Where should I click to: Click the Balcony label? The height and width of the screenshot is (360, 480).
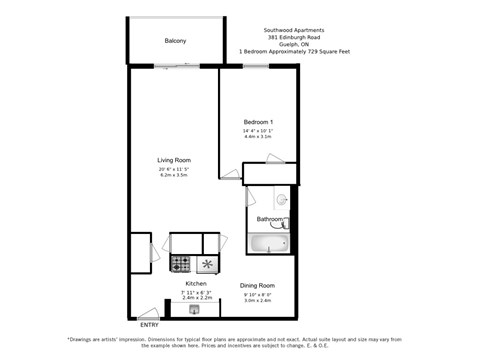coord(175,41)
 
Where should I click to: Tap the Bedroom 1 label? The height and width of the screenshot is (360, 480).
coord(258,122)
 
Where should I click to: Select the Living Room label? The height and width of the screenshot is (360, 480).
coord(173,160)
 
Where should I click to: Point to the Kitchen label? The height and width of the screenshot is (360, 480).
coord(195,283)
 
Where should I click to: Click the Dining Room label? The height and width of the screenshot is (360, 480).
coord(259,285)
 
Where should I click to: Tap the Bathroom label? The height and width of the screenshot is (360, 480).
coord(269,219)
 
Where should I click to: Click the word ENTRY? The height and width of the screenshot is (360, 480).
coord(149,325)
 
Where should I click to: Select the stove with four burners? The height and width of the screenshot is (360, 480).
coord(181,264)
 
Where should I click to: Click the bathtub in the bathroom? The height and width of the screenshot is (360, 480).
coord(269,242)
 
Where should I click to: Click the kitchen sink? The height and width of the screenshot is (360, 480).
coord(208,264)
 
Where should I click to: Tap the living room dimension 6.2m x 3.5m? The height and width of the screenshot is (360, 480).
coord(173,175)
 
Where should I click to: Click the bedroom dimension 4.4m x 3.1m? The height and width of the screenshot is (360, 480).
coord(258,137)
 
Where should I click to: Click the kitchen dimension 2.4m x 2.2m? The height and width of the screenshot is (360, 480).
coord(195,298)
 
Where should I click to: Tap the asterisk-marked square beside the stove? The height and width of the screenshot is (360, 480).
coord(208,264)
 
